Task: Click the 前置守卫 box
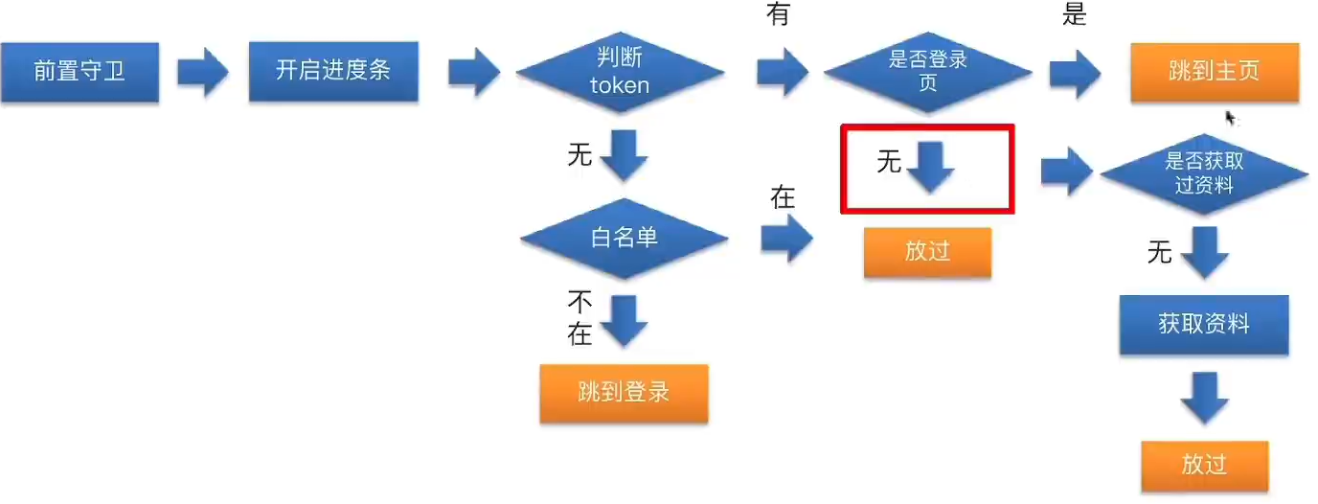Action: (x=80, y=72)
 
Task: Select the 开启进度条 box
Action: (x=332, y=71)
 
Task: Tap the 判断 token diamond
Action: (x=620, y=73)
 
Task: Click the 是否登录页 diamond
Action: (x=927, y=72)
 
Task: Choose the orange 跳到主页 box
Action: (x=1214, y=72)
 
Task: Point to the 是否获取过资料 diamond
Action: (x=1204, y=173)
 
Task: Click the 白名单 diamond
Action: (x=624, y=238)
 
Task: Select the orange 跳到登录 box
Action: (x=624, y=393)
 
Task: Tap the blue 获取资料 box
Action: (x=1204, y=324)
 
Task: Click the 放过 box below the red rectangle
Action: (x=927, y=251)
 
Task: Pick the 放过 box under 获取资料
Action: (x=1204, y=466)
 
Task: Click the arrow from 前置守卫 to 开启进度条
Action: (x=203, y=72)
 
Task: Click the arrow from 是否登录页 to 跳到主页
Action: (x=1075, y=73)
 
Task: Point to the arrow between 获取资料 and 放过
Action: (x=1204, y=398)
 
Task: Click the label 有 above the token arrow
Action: (x=777, y=15)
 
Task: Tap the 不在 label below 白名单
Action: (x=580, y=318)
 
